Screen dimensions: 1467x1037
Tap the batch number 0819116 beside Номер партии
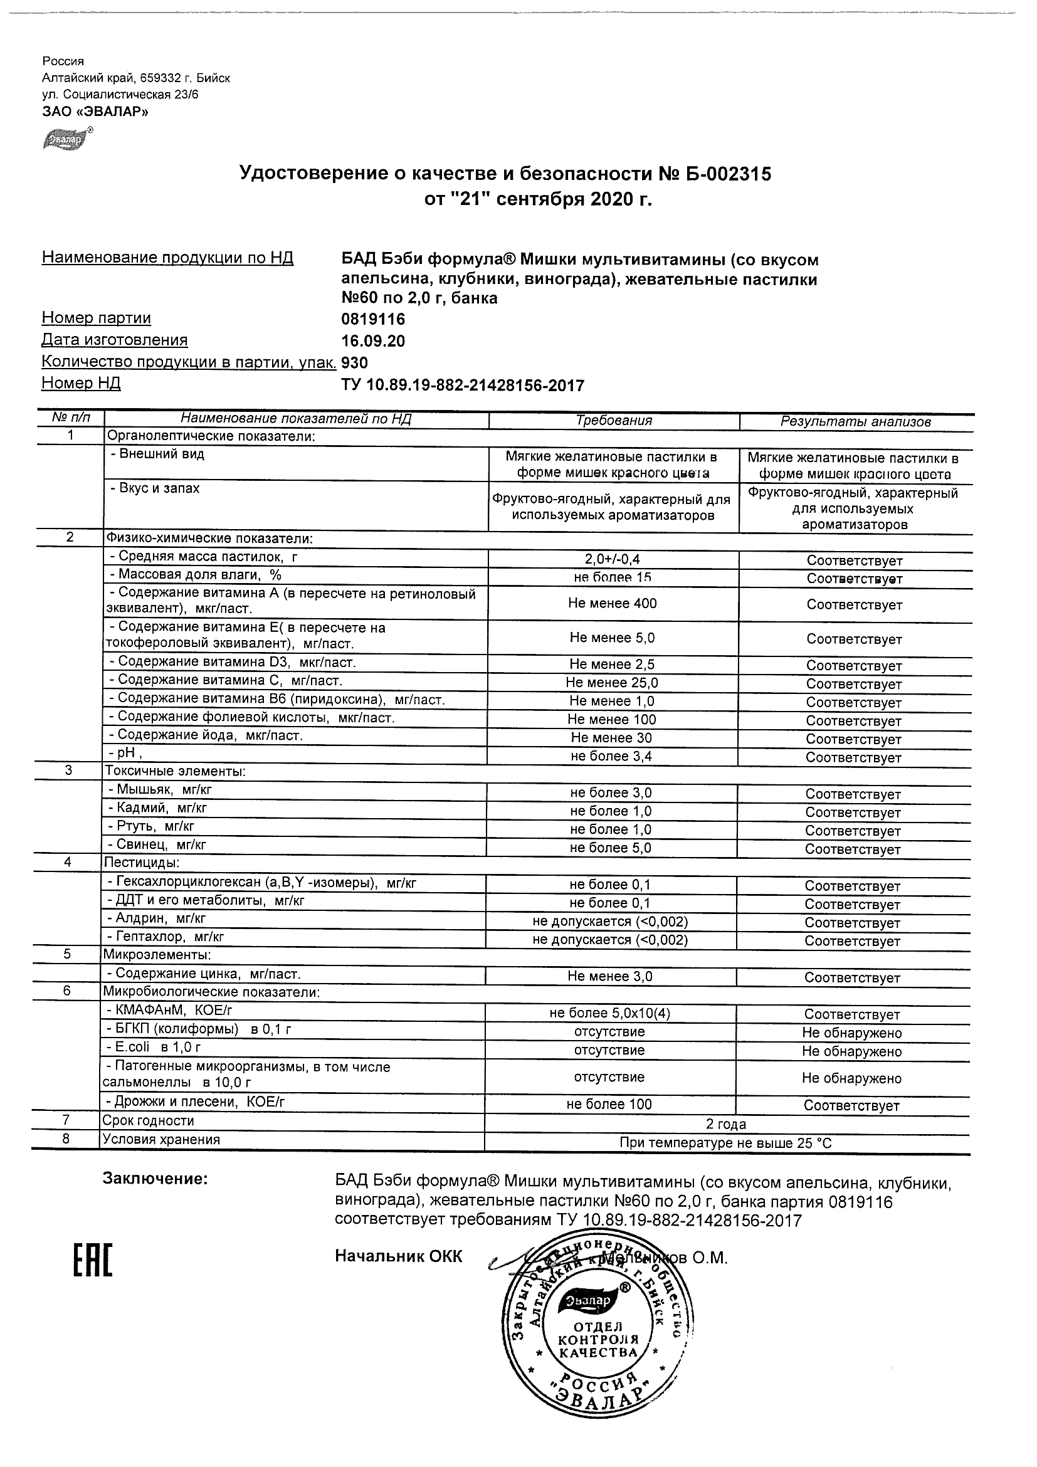coord(373,319)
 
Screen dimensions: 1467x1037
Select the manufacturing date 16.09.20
coord(373,341)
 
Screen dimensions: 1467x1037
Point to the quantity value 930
coord(355,363)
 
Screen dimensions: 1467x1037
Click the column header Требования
coord(613,421)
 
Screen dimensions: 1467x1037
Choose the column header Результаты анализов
coord(856,422)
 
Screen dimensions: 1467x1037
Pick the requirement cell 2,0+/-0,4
coord(612,560)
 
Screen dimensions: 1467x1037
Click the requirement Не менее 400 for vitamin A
coord(612,603)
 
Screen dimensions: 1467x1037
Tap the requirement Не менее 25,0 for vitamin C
coord(611,682)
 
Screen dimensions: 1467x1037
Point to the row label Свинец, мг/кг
coord(157,844)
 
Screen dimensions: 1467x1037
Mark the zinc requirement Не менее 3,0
coord(609,976)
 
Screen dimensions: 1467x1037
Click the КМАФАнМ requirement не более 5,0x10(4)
coord(609,1013)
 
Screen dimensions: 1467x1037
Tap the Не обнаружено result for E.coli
coord(851,1051)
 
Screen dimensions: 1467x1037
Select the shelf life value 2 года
coord(726,1124)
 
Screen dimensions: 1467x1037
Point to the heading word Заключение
coord(155,1179)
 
